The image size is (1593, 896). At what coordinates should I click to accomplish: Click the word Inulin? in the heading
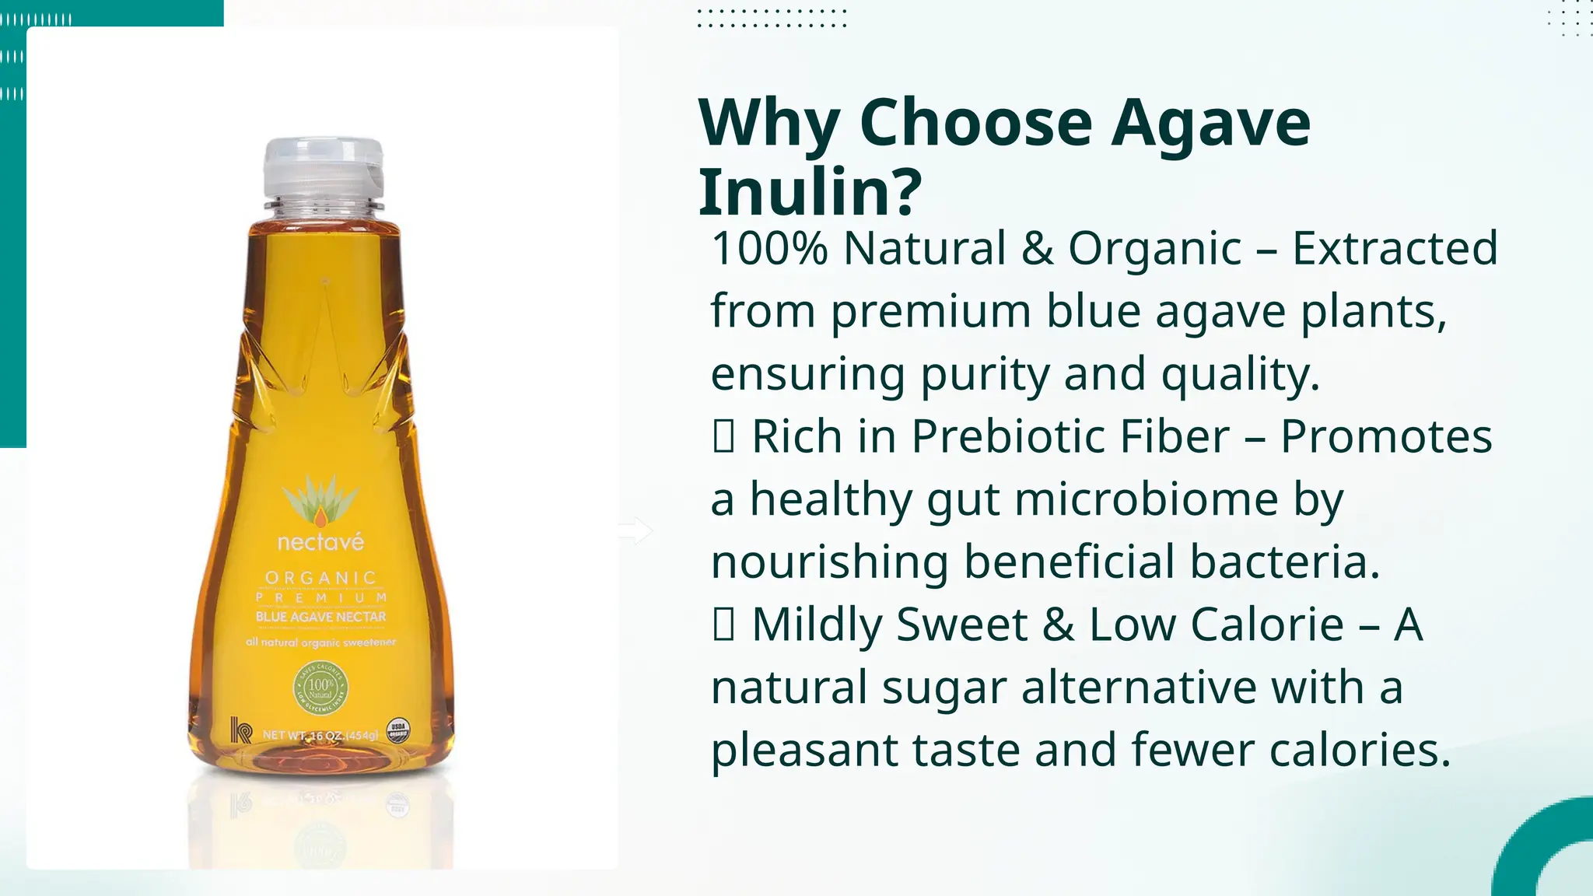tap(810, 191)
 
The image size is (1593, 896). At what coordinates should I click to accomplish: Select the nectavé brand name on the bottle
tap(320, 542)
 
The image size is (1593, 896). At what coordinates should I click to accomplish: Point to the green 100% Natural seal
tap(320, 688)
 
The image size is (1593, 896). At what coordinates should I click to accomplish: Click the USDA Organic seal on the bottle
tap(397, 731)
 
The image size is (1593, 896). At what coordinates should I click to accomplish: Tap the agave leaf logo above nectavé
tap(320, 502)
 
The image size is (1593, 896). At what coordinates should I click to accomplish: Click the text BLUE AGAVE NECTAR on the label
tap(320, 617)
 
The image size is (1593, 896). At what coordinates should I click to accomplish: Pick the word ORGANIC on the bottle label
tap(320, 578)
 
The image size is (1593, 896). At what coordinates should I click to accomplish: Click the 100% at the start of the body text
tap(769, 249)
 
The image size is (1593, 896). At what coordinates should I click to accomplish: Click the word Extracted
tap(1395, 249)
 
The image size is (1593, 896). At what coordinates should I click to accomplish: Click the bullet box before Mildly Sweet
tap(723, 625)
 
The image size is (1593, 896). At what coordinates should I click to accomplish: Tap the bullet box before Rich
tap(723, 437)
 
